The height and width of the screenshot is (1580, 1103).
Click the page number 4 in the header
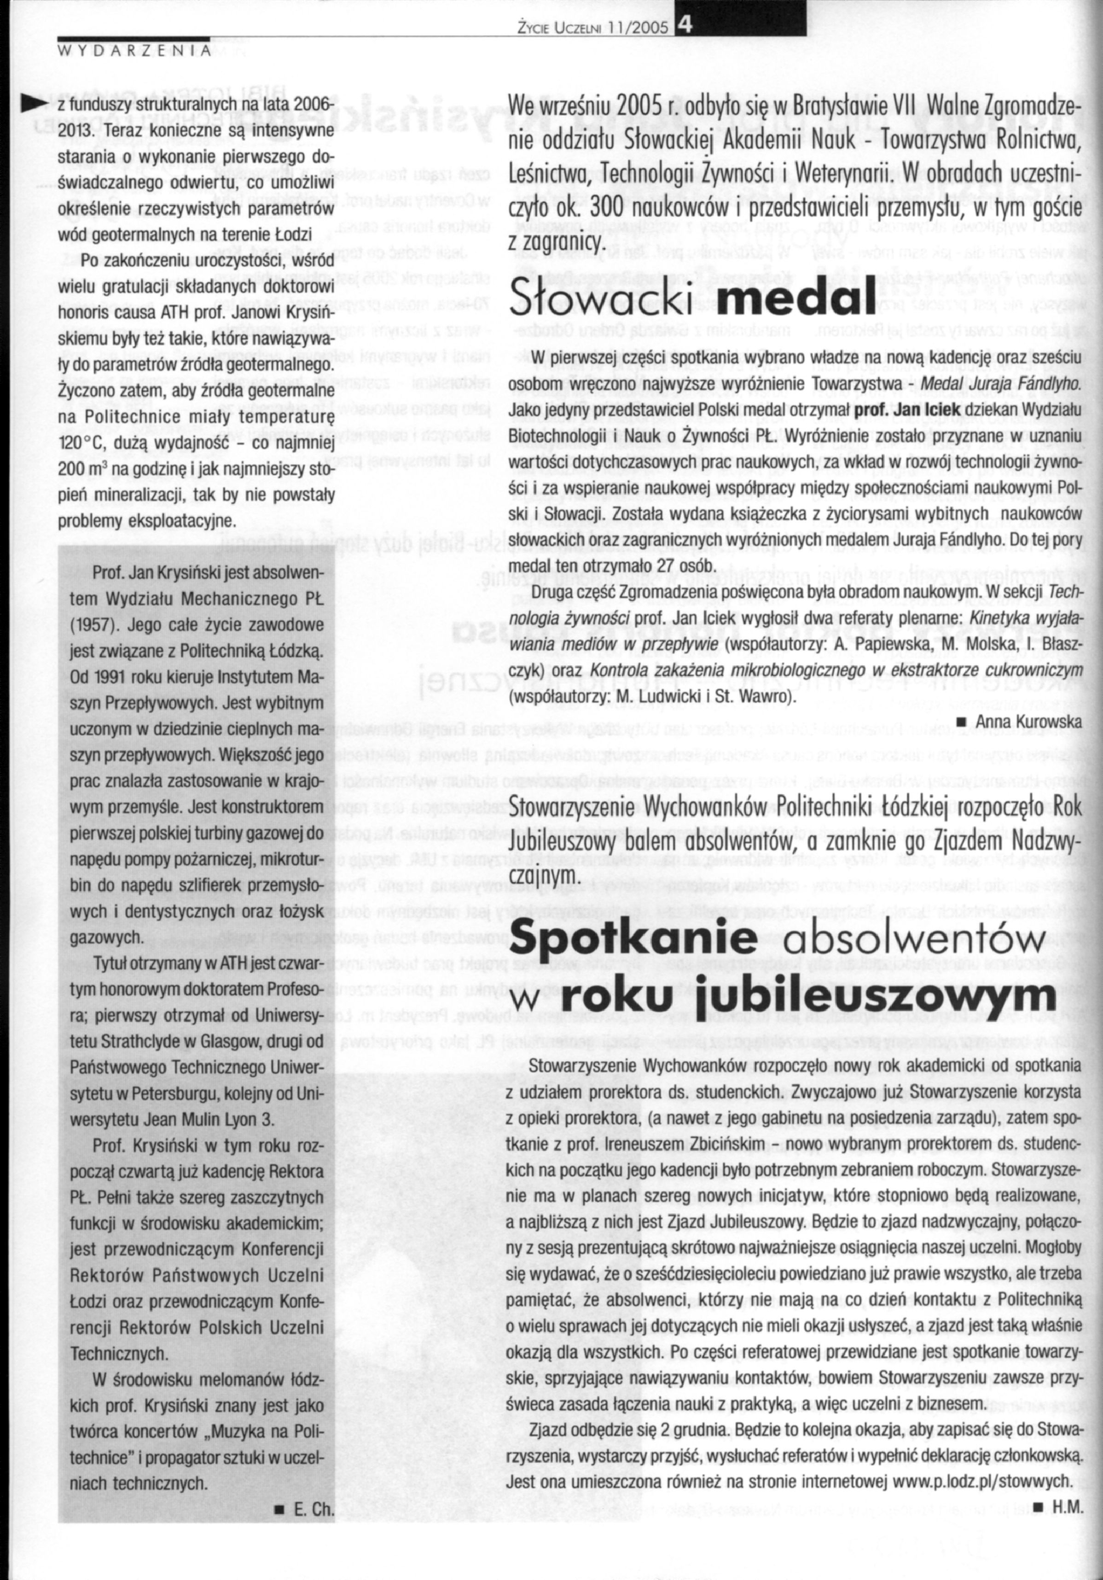[x=683, y=25]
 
